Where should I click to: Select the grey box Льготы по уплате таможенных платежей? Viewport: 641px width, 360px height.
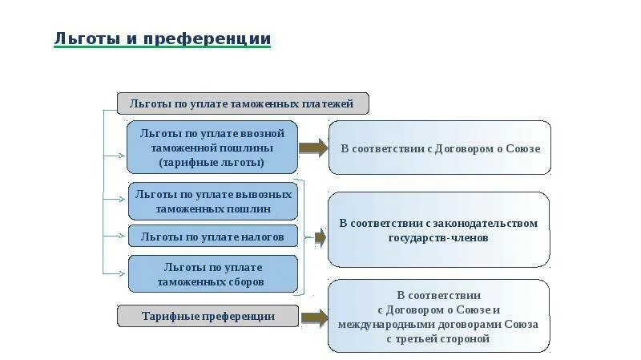[x=243, y=103]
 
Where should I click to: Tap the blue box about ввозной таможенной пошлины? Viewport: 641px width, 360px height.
[x=212, y=148]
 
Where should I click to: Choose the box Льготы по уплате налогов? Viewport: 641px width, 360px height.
[x=212, y=237]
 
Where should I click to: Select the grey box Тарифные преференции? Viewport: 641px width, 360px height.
[x=208, y=316]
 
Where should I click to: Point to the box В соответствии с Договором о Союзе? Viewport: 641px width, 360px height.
[x=440, y=148]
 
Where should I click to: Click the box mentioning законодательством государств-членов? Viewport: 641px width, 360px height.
[x=438, y=230]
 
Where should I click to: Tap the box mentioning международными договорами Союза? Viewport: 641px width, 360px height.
[x=438, y=317]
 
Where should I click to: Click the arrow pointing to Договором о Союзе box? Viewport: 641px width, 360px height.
[x=313, y=148]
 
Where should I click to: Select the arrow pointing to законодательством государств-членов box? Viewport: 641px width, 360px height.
[x=319, y=237]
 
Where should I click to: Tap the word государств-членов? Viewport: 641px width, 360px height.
[x=438, y=238]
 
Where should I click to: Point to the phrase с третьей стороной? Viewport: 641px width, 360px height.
[x=438, y=339]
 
